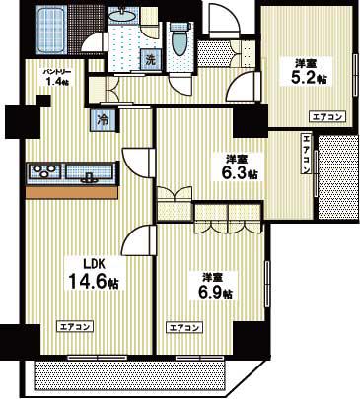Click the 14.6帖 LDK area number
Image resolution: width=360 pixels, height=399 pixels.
(x=94, y=281)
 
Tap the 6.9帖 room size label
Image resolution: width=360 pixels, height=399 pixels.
(x=216, y=292)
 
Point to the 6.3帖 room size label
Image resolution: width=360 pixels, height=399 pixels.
(x=239, y=173)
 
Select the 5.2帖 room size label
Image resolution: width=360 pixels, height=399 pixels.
(x=304, y=78)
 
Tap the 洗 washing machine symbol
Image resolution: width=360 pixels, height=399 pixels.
(x=150, y=59)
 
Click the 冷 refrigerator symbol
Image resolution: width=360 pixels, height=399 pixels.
(x=104, y=120)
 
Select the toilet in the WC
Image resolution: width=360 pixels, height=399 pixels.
(x=180, y=39)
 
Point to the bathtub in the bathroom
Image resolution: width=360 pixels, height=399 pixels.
(x=51, y=30)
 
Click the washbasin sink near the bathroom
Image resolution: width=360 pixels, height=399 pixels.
(x=123, y=15)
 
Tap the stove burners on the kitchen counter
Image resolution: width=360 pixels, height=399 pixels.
(x=44, y=171)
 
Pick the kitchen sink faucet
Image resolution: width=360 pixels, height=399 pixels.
(x=88, y=177)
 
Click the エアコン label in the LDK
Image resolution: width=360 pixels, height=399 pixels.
(x=75, y=327)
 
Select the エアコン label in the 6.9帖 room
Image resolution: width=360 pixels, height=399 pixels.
(x=184, y=328)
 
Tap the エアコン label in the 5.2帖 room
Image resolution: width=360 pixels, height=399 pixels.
(x=327, y=116)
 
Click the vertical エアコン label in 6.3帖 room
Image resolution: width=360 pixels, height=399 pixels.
(x=307, y=154)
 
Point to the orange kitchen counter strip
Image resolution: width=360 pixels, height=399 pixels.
(x=72, y=192)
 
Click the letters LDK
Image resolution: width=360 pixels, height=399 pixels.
(x=93, y=263)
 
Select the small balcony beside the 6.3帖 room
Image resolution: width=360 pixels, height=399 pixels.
(x=338, y=177)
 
